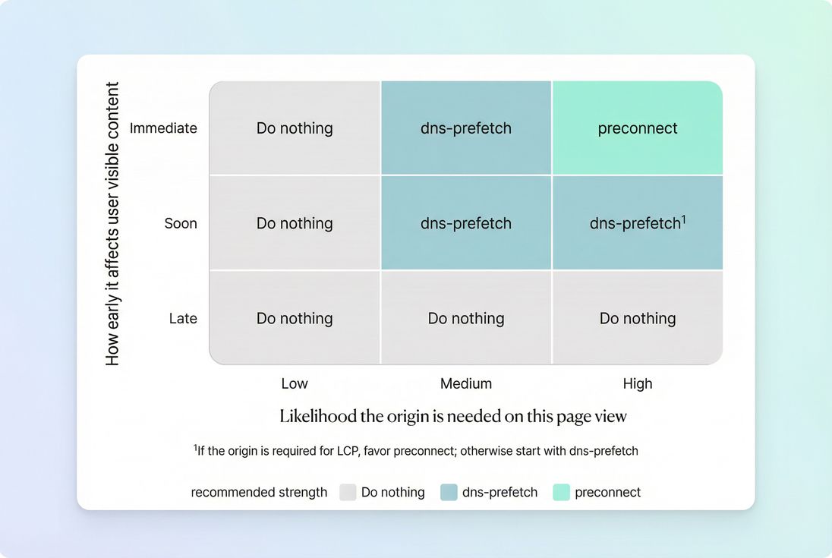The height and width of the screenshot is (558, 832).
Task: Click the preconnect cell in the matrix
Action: (638, 128)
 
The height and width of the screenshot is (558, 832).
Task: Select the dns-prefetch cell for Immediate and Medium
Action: (466, 128)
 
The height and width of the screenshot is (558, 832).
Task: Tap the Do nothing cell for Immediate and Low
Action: (295, 128)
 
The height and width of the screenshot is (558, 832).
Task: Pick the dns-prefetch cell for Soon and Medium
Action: (466, 223)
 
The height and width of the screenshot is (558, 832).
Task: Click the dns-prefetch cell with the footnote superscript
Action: (638, 223)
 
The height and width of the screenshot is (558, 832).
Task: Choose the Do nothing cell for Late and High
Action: (638, 318)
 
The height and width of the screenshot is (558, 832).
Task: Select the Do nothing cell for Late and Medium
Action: (466, 318)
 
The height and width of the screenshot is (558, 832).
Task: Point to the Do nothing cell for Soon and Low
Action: (295, 223)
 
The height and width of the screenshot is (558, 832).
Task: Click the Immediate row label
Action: (163, 128)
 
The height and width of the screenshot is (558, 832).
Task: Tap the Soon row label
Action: (181, 223)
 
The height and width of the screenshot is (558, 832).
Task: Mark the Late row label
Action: (183, 318)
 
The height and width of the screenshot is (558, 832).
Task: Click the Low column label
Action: (295, 383)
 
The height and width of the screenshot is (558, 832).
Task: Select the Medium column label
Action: (466, 383)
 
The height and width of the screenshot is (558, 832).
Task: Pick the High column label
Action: (638, 383)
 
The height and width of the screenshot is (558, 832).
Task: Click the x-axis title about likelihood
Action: (453, 416)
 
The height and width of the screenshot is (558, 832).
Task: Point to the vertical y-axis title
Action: (113, 224)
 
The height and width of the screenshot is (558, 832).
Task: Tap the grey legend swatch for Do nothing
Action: (348, 492)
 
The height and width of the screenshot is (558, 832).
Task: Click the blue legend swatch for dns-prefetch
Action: (449, 492)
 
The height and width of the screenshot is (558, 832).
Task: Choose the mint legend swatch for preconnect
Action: (561, 492)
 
